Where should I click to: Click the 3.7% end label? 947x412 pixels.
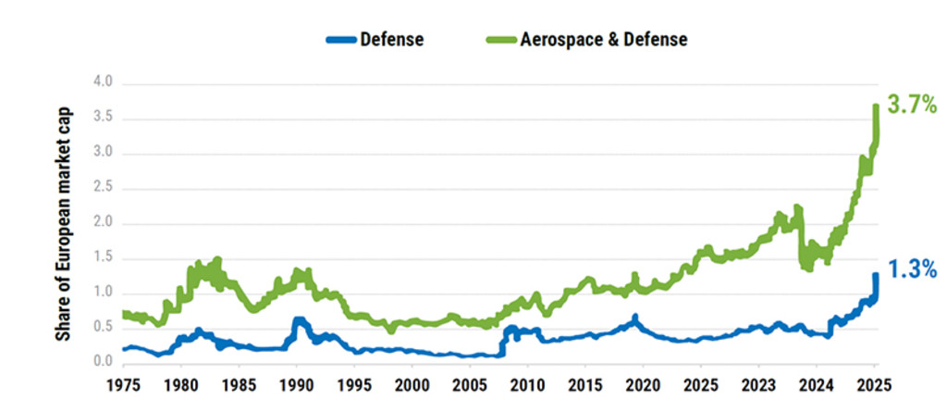tap(911, 105)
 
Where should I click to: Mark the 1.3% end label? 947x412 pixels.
tap(911, 269)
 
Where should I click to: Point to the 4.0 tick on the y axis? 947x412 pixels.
tap(103, 83)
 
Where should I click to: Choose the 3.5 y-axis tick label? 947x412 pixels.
tap(103, 119)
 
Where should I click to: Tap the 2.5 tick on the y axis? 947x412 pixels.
tap(103, 188)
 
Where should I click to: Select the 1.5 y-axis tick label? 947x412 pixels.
tap(103, 258)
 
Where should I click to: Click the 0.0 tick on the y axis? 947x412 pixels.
tap(103, 363)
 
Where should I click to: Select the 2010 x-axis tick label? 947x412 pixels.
tap(528, 383)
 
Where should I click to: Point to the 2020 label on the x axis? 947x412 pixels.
tap(644, 383)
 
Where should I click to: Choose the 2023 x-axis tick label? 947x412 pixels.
tap(759, 383)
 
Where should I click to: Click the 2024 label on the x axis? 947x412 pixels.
tap(817, 383)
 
